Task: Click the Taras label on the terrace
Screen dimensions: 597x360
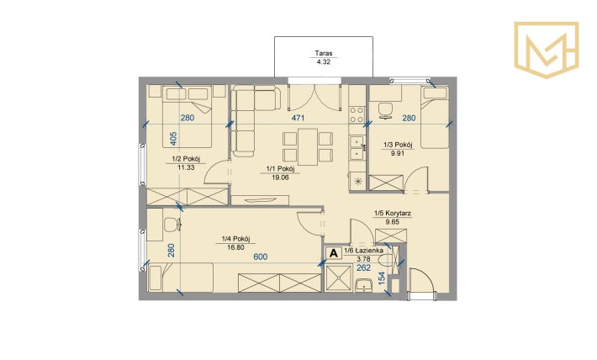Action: [x=323, y=53]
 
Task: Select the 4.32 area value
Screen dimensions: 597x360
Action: [x=323, y=61]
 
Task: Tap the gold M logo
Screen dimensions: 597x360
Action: [x=547, y=50]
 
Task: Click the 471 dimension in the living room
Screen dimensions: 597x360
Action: [x=298, y=118]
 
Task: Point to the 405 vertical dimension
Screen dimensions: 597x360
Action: [x=173, y=139]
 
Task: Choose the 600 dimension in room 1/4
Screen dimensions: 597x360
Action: [x=261, y=257]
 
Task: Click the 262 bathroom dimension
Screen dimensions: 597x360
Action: [x=363, y=267]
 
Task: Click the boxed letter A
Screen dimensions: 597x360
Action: [x=334, y=253]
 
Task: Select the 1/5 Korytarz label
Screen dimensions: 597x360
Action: [x=392, y=214]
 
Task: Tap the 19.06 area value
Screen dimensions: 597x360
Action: [x=280, y=177]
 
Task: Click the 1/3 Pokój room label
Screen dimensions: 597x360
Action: [x=398, y=145]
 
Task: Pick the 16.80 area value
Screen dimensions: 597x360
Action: [x=235, y=247]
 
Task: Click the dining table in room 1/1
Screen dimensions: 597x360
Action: [x=308, y=146]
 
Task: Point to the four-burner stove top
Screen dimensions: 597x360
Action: [x=357, y=114]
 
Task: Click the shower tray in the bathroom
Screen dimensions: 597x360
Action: [x=338, y=278]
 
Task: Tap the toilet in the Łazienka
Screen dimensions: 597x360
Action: [x=388, y=261]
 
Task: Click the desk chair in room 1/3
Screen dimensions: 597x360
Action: [x=386, y=111]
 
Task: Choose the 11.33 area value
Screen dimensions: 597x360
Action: [x=186, y=167]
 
